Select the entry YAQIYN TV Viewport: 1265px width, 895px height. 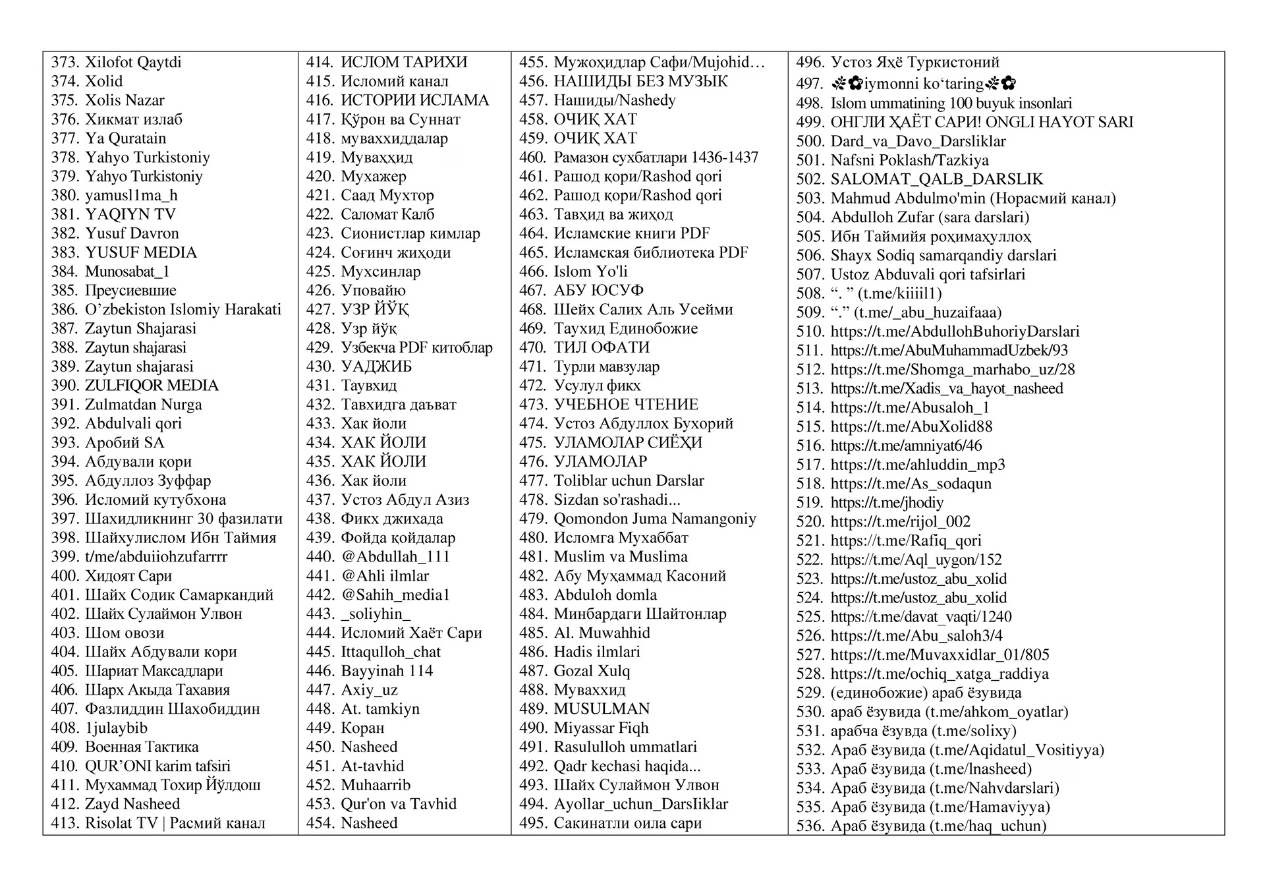point(130,215)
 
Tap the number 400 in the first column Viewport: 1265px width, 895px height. point(65,576)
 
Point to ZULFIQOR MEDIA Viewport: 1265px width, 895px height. point(152,386)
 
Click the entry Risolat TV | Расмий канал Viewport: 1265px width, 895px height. point(175,823)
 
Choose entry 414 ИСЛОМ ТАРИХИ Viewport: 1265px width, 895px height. point(404,63)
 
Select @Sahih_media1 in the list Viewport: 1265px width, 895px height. point(395,595)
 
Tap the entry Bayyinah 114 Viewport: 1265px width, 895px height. point(387,671)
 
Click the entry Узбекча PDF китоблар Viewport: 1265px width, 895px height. point(416,348)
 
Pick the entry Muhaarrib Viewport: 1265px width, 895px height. point(376,785)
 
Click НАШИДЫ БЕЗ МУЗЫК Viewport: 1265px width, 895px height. point(640,82)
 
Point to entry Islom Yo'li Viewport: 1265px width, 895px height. point(590,272)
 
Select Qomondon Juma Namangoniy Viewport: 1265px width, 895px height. point(655,519)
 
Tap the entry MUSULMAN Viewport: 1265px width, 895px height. point(602,709)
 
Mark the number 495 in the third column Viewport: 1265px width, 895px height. point(533,823)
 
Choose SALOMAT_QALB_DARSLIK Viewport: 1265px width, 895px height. point(937,179)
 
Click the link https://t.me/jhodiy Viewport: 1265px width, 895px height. point(887,503)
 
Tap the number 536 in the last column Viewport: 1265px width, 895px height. point(810,826)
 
